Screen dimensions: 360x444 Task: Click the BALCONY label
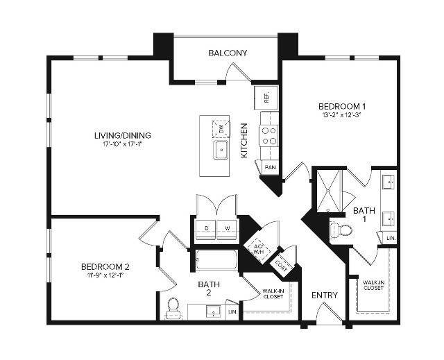pos(228,53)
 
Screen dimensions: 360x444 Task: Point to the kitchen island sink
pos(221,150)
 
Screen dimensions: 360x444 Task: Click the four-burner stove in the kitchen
pos(268,135)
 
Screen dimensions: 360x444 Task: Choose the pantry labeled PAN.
pos(269,167)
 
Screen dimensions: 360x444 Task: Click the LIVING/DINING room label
pos(123,135)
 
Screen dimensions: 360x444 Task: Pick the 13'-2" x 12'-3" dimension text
pos(341,117)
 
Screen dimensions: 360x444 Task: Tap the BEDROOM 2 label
pos(105,266)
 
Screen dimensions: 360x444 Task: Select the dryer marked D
pos(206,228)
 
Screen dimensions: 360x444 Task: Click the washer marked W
pos(227,228)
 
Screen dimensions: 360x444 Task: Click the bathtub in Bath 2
pos(216,261)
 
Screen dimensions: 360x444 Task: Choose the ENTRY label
pos(324,295)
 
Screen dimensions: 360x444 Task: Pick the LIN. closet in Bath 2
pos(232,313)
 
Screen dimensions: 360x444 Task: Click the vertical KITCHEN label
pos(244,140)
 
